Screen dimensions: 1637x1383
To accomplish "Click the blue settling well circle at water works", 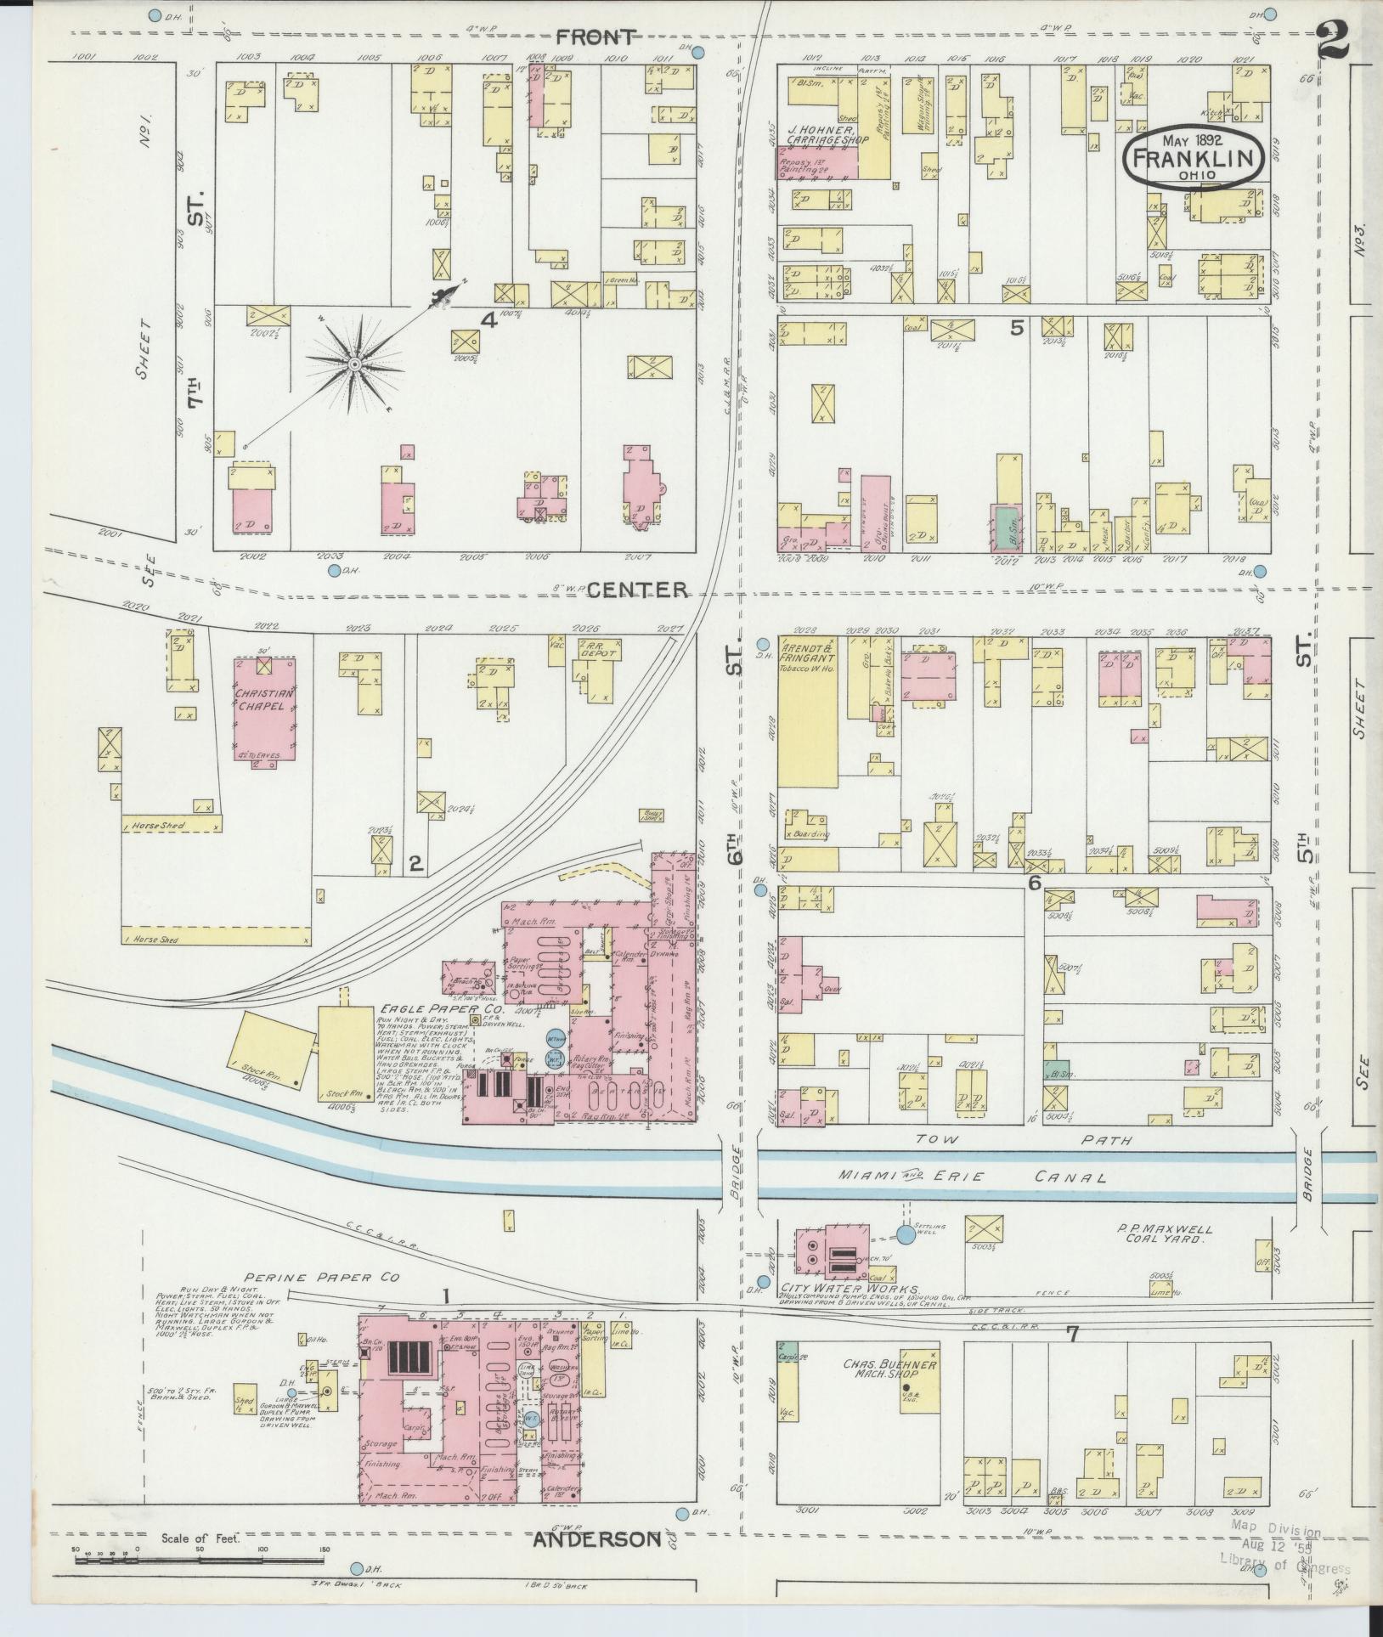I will (x=907, y=1234).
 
